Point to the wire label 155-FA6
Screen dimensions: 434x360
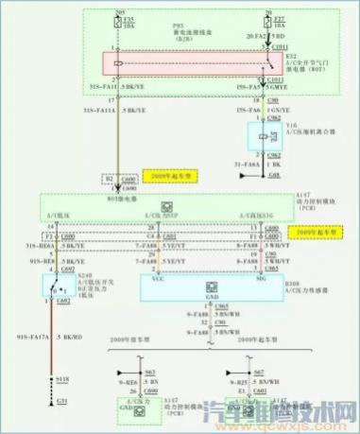[x=229, y=111]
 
